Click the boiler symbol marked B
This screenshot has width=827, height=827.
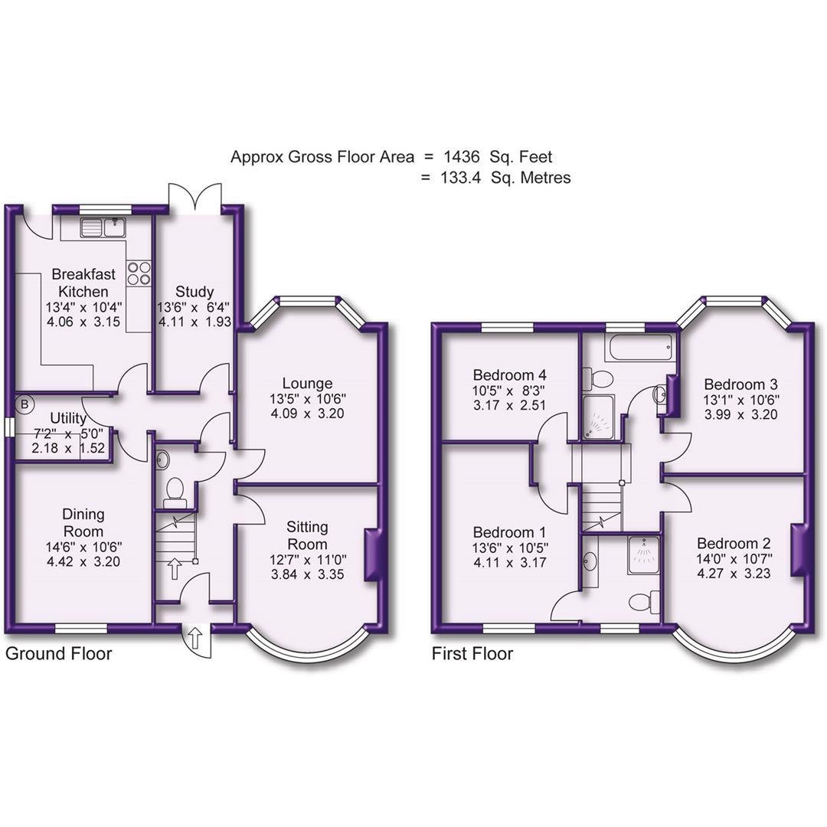pyautogui.click(x=25, y=403)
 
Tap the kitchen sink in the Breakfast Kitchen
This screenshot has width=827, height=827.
pyautogui.click(x=103, y=227)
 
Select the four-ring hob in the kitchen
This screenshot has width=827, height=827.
pyautogui.click(x=139, y=273)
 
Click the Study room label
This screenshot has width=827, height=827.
pyautogui.click(x=194, y=292)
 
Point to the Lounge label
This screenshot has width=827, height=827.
pyautogui.click(x=307, y=383)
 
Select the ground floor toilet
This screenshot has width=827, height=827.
pyautogui.click(x=176, y=490)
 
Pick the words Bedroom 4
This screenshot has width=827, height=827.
pyautogui.click(x=509, y=375)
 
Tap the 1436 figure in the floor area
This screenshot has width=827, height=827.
pyautogui.click(x=462, y=157)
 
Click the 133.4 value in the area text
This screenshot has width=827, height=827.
pyautogui.click(x=461, y=178)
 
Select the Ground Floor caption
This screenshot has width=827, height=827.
pyautogui.click(x=59, y=654)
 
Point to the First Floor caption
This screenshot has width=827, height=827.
pyautogui.click(x=472, y=654)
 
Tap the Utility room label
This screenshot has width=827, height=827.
pyautogui.click(x=68, y=418)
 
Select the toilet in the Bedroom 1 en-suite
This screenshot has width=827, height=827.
pyautogui.click(x=643, y=602)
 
